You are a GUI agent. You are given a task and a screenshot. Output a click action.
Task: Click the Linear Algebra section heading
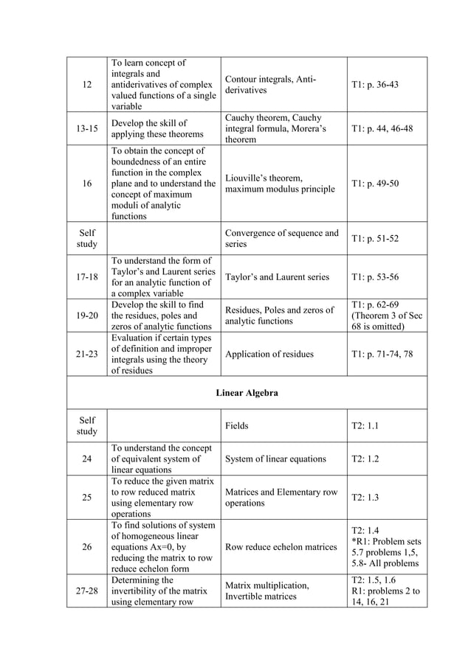pos(247,393)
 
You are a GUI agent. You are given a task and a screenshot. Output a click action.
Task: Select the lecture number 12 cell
pos(87,85)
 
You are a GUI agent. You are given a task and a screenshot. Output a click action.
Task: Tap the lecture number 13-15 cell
pos(87,129)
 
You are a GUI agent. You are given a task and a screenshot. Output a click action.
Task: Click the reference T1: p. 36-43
pos(375,85)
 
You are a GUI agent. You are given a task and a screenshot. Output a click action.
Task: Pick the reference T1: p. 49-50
pos(375,184)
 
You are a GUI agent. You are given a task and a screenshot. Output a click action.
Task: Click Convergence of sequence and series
pos(281,238)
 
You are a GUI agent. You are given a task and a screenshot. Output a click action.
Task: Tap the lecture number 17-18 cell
pos(87,277)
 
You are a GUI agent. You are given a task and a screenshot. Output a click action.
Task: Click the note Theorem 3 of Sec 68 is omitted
pos(387,321)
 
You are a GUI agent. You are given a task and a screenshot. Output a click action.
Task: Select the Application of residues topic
pos(269,355)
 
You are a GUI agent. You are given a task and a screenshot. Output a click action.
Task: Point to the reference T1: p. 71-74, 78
pos(382,355)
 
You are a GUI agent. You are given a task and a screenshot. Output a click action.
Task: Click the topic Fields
pos(236,426)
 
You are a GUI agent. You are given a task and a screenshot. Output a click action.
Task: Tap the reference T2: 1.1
pos(365,426)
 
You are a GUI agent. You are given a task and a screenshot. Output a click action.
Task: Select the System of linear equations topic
pos(275,459)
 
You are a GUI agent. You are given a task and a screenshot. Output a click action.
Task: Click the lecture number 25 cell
pos(87,498)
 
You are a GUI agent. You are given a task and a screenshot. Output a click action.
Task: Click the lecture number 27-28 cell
pos(87,591)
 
